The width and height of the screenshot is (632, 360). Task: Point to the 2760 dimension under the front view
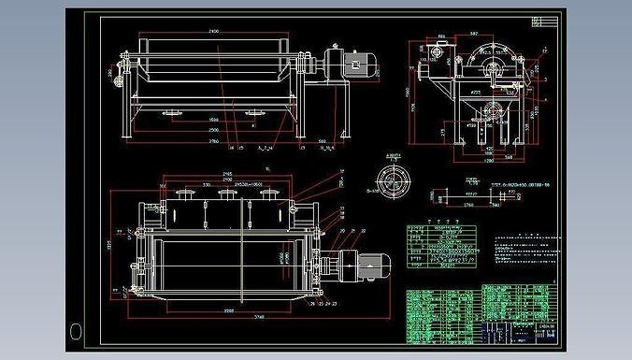214,142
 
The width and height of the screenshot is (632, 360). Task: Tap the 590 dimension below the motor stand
323,142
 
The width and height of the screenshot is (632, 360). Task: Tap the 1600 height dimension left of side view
408,94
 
